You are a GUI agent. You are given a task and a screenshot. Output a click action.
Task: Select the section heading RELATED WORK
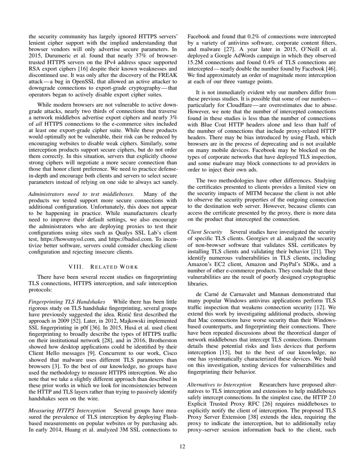(103, 267)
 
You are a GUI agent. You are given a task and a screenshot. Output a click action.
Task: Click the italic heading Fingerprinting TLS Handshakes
(67, 301)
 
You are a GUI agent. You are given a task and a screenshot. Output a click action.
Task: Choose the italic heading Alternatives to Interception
(219, 385)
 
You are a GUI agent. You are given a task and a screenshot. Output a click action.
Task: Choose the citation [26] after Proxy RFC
(255, 404)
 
